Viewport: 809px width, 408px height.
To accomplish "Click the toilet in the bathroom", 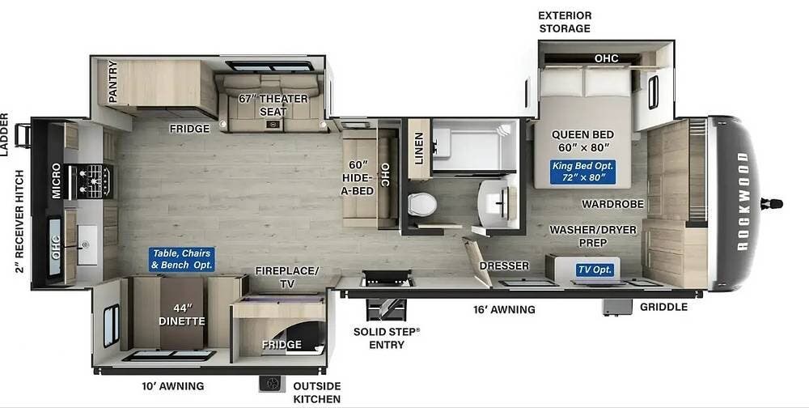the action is (421, 204).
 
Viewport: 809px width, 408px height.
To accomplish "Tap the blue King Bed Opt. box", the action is (582, 172).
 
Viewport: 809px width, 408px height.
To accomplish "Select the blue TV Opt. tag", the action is (595, 270).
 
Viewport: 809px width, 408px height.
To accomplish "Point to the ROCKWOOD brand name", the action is (743, 202).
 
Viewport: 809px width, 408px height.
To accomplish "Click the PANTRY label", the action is (113, 81).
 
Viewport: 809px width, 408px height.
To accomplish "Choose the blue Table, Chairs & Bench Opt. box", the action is (181, 259).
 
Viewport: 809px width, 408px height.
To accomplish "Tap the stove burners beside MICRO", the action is (95, 181).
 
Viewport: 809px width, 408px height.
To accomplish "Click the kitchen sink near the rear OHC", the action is (87, 244).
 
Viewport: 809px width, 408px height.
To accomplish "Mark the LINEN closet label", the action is (419, 148).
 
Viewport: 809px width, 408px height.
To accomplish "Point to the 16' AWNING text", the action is (504, 309).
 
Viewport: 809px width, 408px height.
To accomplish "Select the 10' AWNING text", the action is (173, 386).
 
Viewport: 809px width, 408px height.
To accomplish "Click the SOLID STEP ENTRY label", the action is (387, 338).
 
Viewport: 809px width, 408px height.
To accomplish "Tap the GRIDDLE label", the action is (663, 307).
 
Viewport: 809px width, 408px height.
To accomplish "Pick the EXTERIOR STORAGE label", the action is (565, 22).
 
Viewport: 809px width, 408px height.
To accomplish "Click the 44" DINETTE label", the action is (181, 315).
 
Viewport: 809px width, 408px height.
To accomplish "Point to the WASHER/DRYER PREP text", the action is (593, 236).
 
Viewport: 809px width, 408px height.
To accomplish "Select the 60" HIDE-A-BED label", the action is (358, 177).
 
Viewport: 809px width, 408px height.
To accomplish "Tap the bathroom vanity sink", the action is (495, 202).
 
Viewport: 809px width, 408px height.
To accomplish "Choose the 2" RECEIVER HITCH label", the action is (19, 221).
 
